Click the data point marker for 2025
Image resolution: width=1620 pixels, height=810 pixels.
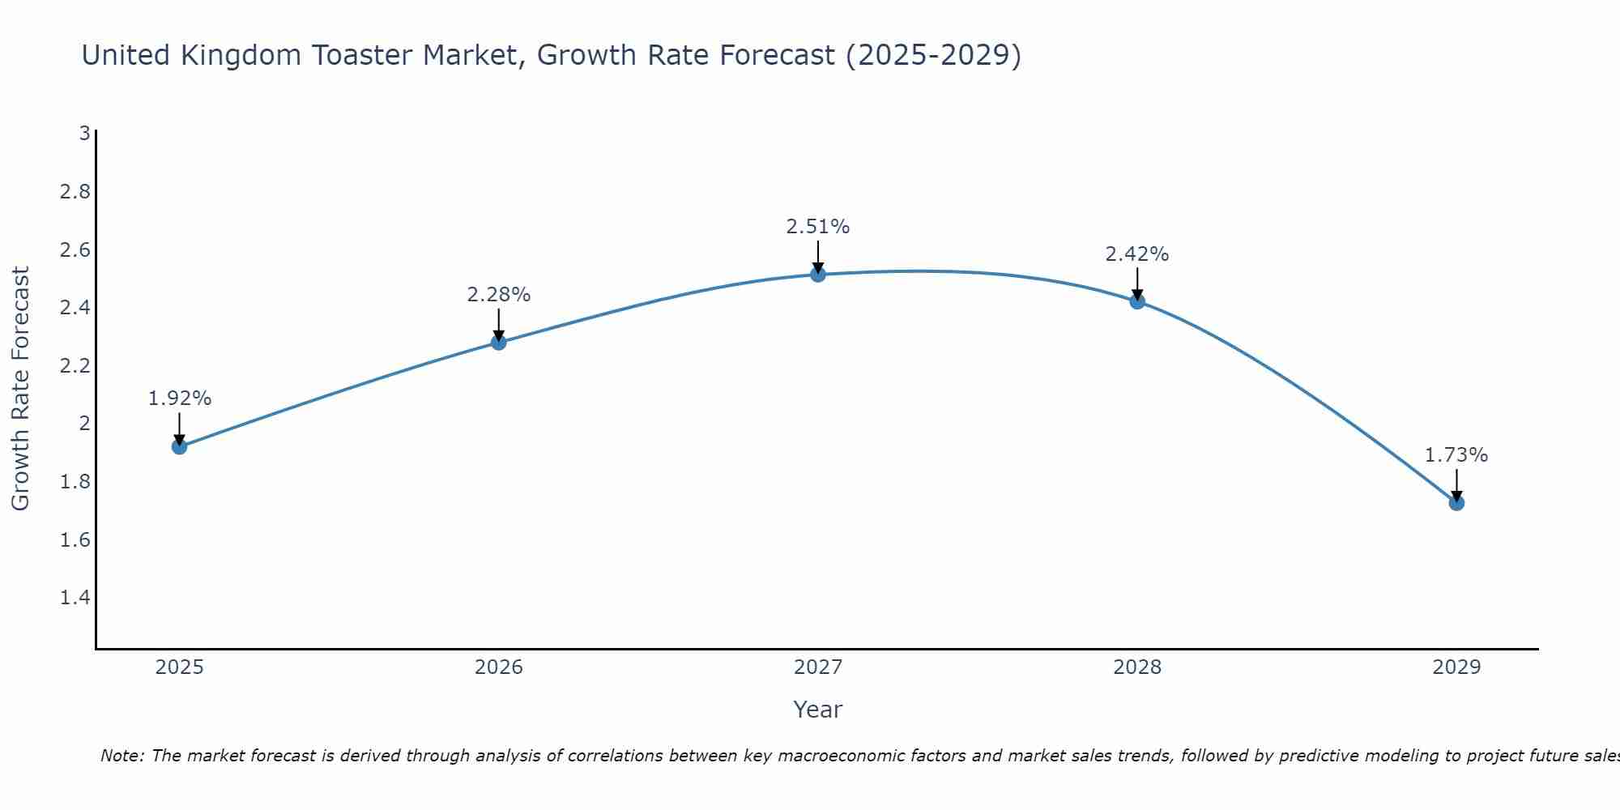pyautogui.click(x=180, y=446)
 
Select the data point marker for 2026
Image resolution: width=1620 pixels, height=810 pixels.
pyautogui.click(x=499, y=343)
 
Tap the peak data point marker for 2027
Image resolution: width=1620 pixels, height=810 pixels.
pyautogui.click(x=818, y=275)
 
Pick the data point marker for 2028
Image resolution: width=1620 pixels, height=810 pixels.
pyautogui.click(x=1137, y=301)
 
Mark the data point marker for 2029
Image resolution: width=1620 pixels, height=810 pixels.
pyautogui.click(x=1456, y=503)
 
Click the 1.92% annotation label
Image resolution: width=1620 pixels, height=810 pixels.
pyautogui.click(x=180, y=399)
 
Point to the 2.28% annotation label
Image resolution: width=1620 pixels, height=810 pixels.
pyautogui.click(x=499, y=295)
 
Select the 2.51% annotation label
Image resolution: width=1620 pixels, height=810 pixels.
pyautogui.click(x=818, y=227)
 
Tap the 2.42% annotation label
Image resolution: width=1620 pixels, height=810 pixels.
pyautogui.click(x=1137, y=254)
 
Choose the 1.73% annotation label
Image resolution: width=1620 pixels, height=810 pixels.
pyautogui.click(x=1456, y=455)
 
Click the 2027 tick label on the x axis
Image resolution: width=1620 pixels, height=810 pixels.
pyautogui.click(x=818, y=667)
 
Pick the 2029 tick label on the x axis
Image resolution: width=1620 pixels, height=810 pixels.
pyautogui.click(x=1456, y=667)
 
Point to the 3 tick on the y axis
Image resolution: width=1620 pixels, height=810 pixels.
pyautogui.click(x=84, y=134)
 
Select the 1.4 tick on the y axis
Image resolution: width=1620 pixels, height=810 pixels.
pyautogui.click(x=75, y=598)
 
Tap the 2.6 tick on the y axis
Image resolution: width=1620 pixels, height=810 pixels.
pyautogui.click(x=75, y=249)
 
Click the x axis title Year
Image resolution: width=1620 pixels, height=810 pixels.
pyautogui.click(x=818, y=710)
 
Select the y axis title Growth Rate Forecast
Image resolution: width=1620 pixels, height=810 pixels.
pyautogui.click(x=21, y=388)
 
